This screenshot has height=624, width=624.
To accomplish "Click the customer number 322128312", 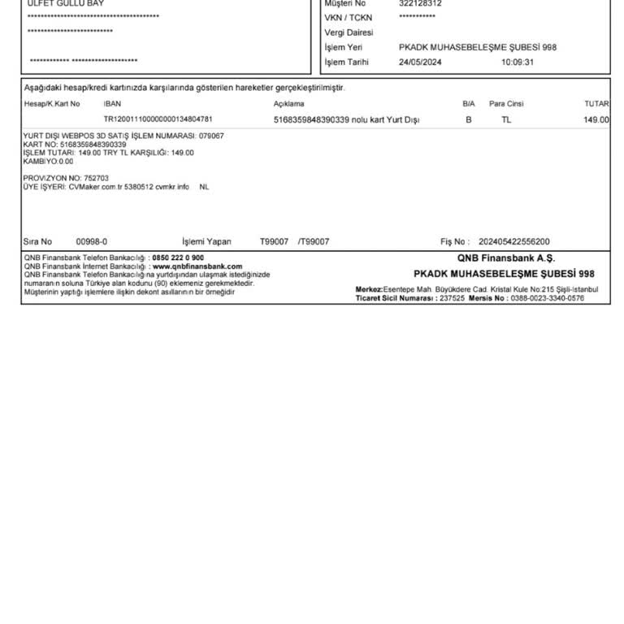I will (420, 3).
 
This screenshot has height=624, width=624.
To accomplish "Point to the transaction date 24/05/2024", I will (420, 62).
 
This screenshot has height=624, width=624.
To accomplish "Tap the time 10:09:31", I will (518, 62).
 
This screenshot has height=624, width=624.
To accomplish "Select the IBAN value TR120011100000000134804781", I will (158, 119).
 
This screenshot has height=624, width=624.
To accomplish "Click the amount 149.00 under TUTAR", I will (596, 119).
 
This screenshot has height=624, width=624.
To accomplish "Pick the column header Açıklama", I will (288, 104).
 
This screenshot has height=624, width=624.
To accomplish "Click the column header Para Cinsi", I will (506, 104).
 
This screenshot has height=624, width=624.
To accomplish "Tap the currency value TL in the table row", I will (506, 119).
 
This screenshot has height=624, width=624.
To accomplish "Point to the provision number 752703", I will (96, 178).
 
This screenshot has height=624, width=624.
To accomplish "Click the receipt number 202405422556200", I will (514, 241).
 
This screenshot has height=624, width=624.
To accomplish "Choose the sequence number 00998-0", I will (92, 241).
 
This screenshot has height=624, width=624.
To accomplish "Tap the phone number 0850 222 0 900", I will (178, 258).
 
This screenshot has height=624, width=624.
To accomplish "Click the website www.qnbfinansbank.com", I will (197, 266).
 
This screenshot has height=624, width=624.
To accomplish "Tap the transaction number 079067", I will (211, 136).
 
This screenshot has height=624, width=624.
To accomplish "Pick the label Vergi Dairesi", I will (349, 32).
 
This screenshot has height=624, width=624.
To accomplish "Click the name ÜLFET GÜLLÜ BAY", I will (66, 3).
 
